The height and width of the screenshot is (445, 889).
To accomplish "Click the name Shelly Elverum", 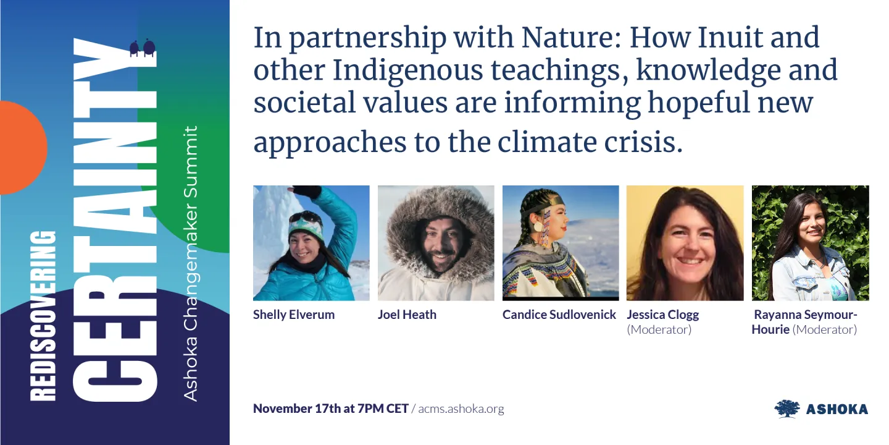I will click(x=294, y=315).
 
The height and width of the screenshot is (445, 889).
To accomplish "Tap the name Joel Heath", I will click(x=407, y=315).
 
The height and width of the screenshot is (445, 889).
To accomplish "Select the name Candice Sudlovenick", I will click(x=559, y=315).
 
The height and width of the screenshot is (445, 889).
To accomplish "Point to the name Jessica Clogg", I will click(x=663, y=315).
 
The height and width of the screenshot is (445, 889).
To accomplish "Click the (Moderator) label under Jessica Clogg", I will click(x=659, y=329).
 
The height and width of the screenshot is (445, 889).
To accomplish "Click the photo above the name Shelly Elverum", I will click(x=311, y=243).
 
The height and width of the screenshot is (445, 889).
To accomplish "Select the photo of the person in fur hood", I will click(x=436, y=243).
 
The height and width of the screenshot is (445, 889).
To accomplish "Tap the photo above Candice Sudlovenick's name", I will click(x=561, y=243).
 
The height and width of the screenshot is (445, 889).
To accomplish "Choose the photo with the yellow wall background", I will click(x=685, y=243).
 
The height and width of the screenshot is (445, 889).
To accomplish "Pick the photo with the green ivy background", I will click(x=810, y=243).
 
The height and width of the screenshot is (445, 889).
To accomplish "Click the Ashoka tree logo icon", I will click(x=787, y=409).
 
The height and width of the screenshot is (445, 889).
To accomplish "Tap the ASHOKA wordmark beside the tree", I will click(x=837, y=409).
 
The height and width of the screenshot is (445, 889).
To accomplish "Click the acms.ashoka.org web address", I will click(x=461, y=409).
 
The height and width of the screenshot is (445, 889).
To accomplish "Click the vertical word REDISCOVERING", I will click(x=43, y=315).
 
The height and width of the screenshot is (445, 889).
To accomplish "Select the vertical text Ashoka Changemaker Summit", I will click(x=191, y=263).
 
